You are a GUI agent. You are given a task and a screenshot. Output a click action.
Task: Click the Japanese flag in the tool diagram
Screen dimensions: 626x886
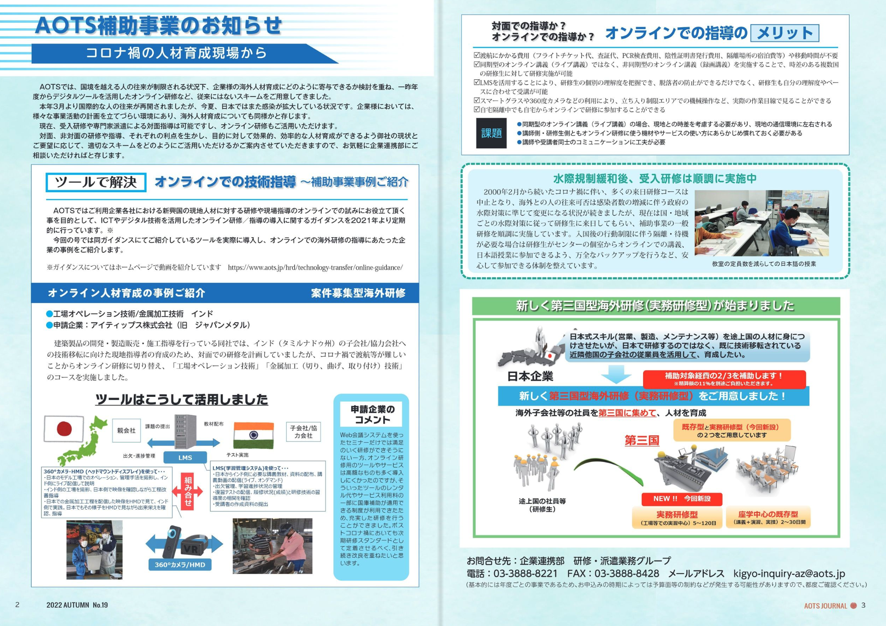(x=64, y=428)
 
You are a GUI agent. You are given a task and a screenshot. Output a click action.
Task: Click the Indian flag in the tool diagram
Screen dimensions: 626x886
(x=253, y=436)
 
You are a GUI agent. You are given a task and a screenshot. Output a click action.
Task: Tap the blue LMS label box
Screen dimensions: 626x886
(x=185, y=457)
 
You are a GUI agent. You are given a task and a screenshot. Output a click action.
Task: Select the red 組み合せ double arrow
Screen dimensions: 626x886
(x=188, y=491)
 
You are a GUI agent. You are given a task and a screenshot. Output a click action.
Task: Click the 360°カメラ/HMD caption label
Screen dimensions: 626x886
(x=180, y=564)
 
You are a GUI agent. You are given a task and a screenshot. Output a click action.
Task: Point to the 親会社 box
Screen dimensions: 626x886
(x=126, y=430)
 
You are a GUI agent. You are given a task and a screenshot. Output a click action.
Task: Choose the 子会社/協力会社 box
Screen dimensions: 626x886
(x=303, y=432)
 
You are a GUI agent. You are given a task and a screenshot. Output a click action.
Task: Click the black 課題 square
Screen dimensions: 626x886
(x=491, y=133)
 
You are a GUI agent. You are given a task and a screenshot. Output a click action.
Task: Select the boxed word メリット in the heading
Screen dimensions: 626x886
(x=784, y=33)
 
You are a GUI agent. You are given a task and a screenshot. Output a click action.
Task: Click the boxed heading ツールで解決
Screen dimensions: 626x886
(x=96, y=182)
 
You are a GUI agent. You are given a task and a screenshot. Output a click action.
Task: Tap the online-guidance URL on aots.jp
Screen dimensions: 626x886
(x=315, y=268)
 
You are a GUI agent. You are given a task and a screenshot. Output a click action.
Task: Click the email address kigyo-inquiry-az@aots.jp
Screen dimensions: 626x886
(x=789, y=573)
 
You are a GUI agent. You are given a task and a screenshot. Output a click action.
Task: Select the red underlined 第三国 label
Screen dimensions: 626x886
(x=641, y=441)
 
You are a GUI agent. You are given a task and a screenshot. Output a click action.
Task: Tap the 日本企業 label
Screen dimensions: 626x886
(x=530, y=376)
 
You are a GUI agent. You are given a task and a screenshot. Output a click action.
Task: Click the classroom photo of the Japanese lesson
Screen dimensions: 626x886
(x=761, y=223)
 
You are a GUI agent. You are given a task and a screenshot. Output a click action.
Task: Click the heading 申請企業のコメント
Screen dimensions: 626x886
(x=372, y=414)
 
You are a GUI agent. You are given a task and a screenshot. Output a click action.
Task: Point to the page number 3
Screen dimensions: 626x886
(x=863, y=605)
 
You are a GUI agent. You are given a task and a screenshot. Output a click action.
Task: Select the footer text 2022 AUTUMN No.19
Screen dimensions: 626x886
(x=77, y=605)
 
